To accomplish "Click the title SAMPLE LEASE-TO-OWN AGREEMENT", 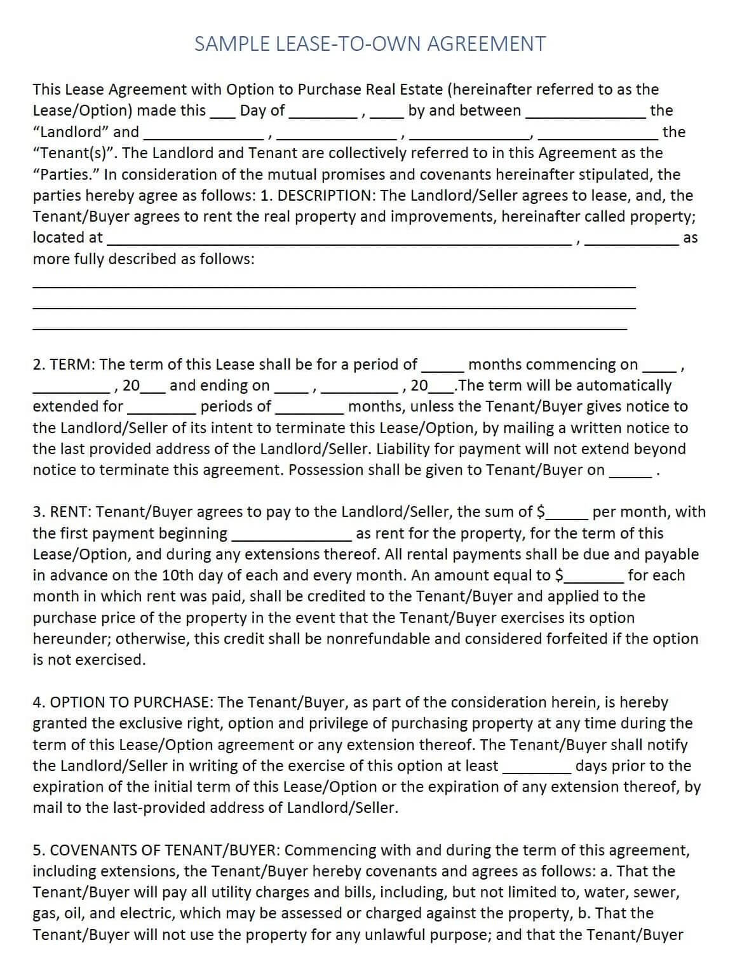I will coord(370,44).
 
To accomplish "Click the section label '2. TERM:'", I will coord(64,365).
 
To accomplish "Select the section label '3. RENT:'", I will coord(64,512).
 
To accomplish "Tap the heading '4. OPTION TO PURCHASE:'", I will coord(123,702).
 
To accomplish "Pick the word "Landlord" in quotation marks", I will coord(71,132).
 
